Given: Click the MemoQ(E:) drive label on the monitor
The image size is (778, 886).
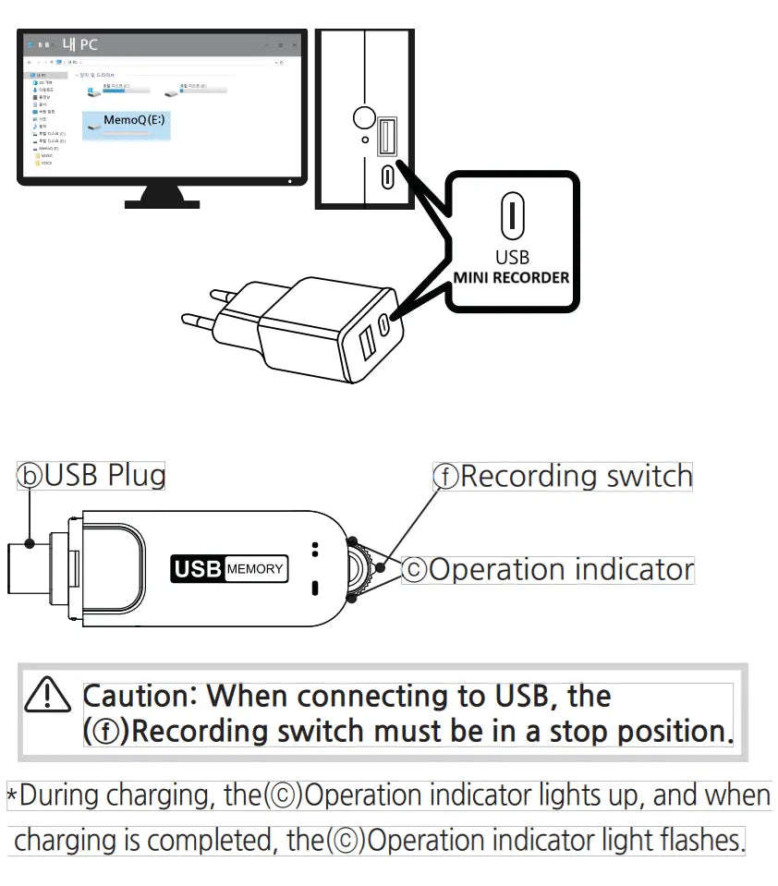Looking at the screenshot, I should [135, 120].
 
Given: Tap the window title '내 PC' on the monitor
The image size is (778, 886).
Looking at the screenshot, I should [79, 43].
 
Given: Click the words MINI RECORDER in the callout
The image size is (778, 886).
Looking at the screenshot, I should [511, 277].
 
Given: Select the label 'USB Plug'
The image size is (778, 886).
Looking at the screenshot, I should [105, 476].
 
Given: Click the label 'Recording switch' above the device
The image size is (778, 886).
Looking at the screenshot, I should [577, 477].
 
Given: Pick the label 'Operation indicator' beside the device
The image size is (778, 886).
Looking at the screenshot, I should [561, 569].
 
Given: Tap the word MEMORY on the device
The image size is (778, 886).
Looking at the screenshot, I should [255, 569].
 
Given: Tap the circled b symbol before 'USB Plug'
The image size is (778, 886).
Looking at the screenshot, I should [30, 477].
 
